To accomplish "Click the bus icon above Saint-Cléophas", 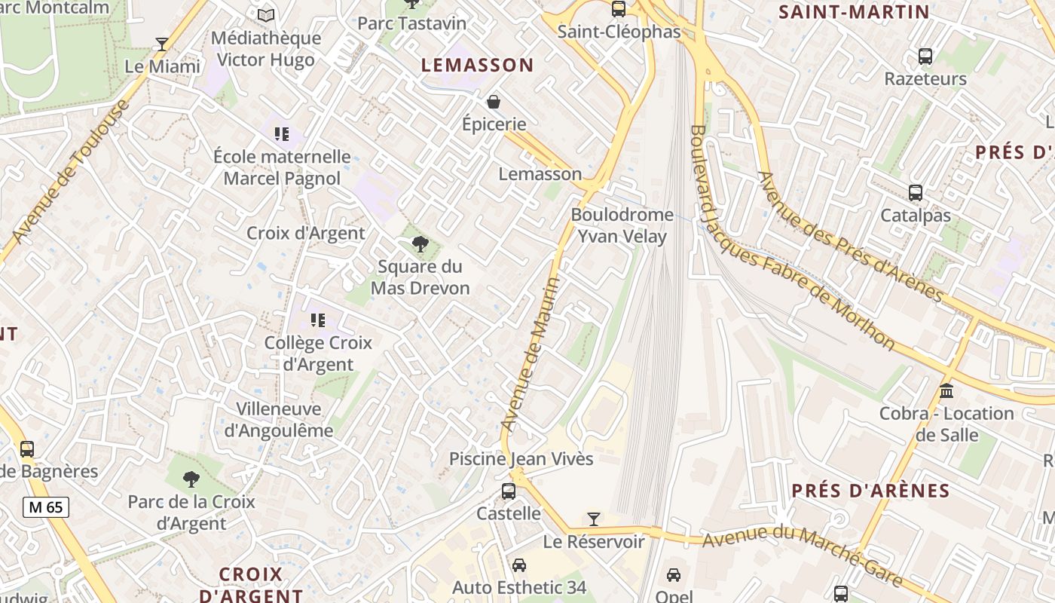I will tap(619, 9).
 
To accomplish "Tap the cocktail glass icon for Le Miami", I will tap(162, 44).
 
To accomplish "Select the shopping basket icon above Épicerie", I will tap(494, 102).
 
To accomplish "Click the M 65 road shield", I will tap(46, 507).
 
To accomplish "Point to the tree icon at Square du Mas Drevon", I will tap(420, 244).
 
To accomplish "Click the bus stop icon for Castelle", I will tap(509, 491).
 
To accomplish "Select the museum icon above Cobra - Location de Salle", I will tap(946, 391).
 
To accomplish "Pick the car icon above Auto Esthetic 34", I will tap(519, 565).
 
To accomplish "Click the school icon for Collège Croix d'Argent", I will tap(318, 320).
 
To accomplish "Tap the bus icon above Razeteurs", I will tap(925, 57).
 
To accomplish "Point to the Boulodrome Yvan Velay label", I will tap(622, 225).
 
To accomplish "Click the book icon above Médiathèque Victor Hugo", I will tap(266, 15).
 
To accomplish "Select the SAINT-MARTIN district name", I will tap(854, 12).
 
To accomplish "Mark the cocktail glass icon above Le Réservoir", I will tap(594, 519).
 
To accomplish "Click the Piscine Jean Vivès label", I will tap(521, 458).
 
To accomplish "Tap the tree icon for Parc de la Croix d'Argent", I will tap(191, 479).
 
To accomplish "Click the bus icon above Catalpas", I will tap(916, 193).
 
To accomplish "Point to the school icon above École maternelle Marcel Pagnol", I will tap(282, 134).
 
